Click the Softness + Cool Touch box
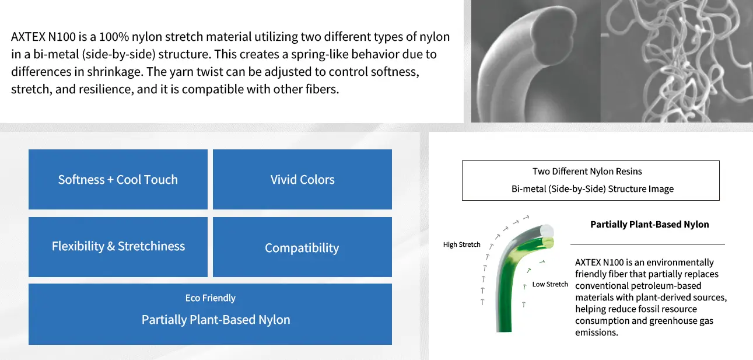pos(118,180)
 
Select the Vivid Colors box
pos(302,180)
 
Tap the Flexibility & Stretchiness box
pos(118,247)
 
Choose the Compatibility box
pos(302,247)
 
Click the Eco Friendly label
pos(211,298)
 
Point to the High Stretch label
pos(461,244)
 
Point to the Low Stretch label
pos(550,284)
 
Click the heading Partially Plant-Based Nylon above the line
pos(649,225)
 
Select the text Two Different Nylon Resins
pos(587,172)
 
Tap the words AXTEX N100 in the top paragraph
pos(43,37)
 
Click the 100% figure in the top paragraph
pos(114,37)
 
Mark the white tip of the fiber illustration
pos(547,230)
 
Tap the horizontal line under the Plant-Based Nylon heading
pos(647,244)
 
